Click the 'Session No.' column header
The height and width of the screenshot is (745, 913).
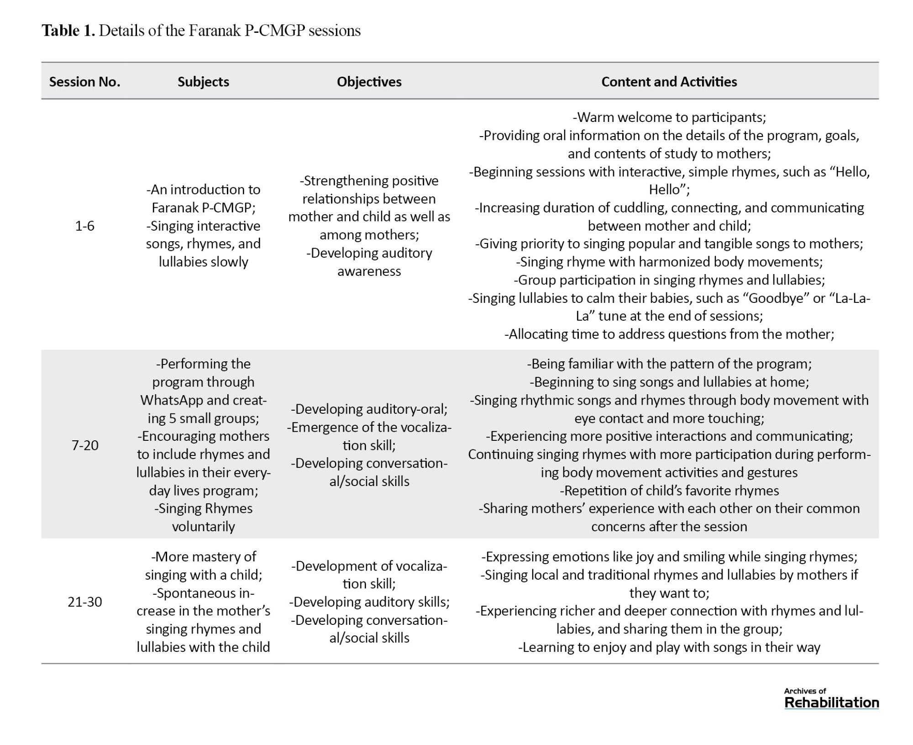[84, 82]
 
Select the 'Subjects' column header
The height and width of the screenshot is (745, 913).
[203, 82]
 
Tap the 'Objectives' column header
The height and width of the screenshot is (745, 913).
[369, 82]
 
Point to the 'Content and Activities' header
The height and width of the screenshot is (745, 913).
[669, 82]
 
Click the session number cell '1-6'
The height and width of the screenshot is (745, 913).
[84, 226]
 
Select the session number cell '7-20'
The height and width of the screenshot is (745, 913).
[84, 445]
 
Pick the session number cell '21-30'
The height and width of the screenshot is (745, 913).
[84, 602]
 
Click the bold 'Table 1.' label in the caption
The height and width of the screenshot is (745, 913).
[68, 31]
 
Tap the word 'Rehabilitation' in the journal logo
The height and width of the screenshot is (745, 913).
[831, 703]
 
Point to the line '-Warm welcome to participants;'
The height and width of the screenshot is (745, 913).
[669, 117]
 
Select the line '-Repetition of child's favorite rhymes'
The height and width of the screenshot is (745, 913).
[669, 491]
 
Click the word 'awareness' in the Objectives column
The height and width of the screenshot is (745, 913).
[369, 271]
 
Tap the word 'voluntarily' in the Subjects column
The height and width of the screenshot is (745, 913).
[203, 527]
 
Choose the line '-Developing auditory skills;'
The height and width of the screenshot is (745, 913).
[369, 602]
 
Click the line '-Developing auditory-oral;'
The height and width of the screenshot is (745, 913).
[369, 409]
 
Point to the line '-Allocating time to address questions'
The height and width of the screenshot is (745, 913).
[669, 334]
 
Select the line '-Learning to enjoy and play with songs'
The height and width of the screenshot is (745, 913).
[669, 647]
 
